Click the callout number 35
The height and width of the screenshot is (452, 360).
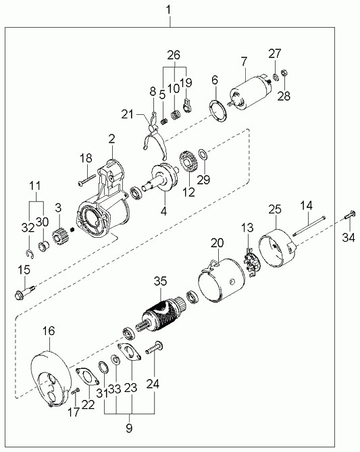click(x=160, y=281)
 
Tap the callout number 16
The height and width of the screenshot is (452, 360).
click(x=49, y=331)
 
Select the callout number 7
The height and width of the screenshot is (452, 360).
click(x=244, y=61)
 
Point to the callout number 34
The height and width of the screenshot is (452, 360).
click(x=349, y=238)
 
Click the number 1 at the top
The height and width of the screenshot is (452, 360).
click(x=169, y=11)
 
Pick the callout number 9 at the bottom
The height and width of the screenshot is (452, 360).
click(x=130, y=428)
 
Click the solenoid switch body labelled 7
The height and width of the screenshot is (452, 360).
click(x=251, y=90)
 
